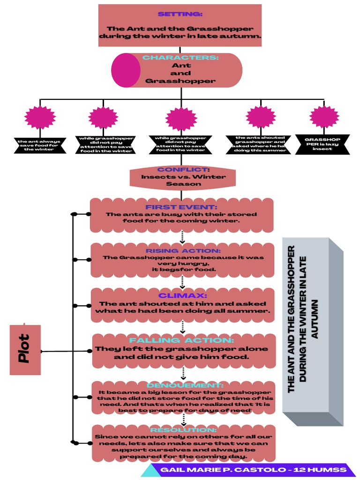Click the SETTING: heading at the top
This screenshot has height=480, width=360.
180,14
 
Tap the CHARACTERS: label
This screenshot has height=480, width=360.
181,57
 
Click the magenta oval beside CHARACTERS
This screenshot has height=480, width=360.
126,70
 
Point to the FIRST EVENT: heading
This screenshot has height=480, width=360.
181,207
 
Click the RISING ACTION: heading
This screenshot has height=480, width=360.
183,251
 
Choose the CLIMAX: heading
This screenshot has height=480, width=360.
182,295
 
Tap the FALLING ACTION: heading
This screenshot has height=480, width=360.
181,340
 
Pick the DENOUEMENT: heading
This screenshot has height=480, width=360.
181,385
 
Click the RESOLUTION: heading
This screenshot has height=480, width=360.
183,429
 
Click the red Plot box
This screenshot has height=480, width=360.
25,350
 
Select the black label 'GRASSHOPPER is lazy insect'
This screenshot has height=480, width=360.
323,144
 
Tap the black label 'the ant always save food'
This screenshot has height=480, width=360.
39,145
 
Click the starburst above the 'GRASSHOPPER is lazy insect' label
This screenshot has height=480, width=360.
324,117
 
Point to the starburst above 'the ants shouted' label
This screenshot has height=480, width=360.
261,117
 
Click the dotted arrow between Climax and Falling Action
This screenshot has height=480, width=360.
183,328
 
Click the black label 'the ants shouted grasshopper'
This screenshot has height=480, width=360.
261,144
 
